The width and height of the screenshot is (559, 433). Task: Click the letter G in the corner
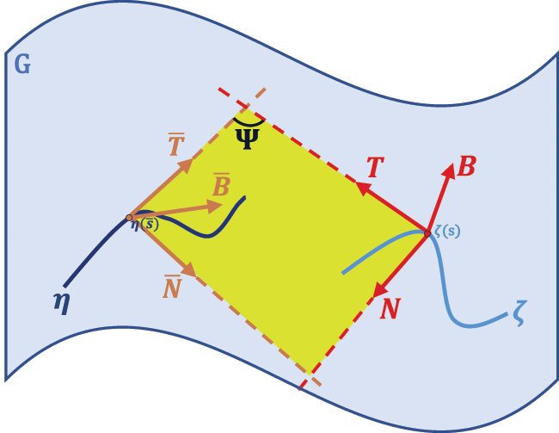point(21,64)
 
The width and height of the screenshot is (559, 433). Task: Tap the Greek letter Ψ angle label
point(247,138)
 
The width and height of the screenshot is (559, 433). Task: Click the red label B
point(466,166)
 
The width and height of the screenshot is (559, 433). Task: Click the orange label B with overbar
point(220,185)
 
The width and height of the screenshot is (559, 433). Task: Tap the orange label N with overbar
point(173,286)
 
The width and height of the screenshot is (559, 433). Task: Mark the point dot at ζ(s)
point(427,232)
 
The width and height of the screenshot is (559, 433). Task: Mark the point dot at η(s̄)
point(129,217)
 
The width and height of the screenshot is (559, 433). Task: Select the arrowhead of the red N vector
point(375,289)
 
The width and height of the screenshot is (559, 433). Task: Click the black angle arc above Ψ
point(248,123)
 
